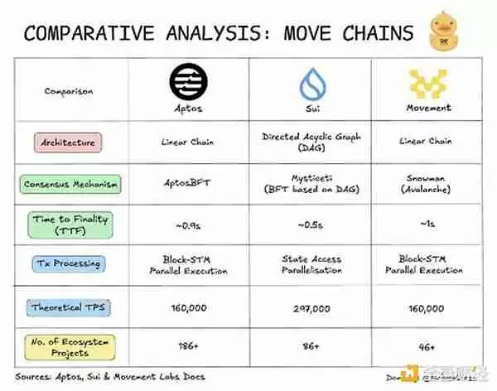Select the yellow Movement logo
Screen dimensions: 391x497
click(x=428, y=84)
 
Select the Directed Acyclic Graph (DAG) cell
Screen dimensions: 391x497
click(x=312, y=142)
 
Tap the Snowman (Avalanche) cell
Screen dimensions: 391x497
click(x=428, y=183)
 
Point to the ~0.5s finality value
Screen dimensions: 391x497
click(x=312, y=225)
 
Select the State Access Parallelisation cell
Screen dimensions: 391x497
click(x=312, y=264)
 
